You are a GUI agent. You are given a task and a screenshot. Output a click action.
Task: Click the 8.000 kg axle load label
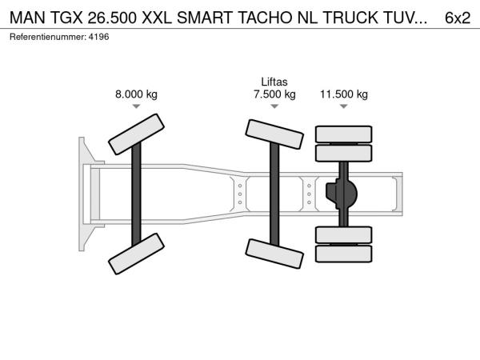[x=136, y=94]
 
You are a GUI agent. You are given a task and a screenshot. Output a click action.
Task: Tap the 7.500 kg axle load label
[x=274, y=94]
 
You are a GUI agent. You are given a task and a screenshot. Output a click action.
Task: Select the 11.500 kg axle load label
[x=344, y=94]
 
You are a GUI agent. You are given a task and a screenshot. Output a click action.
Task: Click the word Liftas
[x=274, y=82]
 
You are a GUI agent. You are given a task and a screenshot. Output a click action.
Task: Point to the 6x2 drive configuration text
[x=458, y=18]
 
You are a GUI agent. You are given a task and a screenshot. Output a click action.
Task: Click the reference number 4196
[x=98, y=37]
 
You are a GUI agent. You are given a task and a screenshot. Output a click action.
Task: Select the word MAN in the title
[x=27, y=18]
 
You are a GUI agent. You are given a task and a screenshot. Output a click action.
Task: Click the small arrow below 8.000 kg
[x=136, y=106]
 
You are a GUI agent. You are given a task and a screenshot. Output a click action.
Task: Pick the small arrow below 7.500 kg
[x=274, y=106]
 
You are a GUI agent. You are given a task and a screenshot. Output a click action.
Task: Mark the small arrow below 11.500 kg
[x=344, y=106]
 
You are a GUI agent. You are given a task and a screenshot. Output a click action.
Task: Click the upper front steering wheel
[x=136, y=134]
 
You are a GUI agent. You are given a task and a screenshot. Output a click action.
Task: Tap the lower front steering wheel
[x=136, y=254]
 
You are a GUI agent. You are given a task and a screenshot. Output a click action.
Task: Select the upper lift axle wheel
[x=274, y=134]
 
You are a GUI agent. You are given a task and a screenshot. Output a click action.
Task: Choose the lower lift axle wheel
[x=274, y=254]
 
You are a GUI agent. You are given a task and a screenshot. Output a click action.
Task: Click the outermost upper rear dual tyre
[x=344, y=134]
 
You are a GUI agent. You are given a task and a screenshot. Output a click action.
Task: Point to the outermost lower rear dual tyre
[x=344, y=254]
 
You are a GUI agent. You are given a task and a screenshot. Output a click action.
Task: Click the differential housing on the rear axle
[x=342, y=194]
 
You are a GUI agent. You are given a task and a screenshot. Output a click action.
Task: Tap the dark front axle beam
[x=136, y=194]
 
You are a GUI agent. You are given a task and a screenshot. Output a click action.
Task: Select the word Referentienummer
[x=48, y=37]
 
